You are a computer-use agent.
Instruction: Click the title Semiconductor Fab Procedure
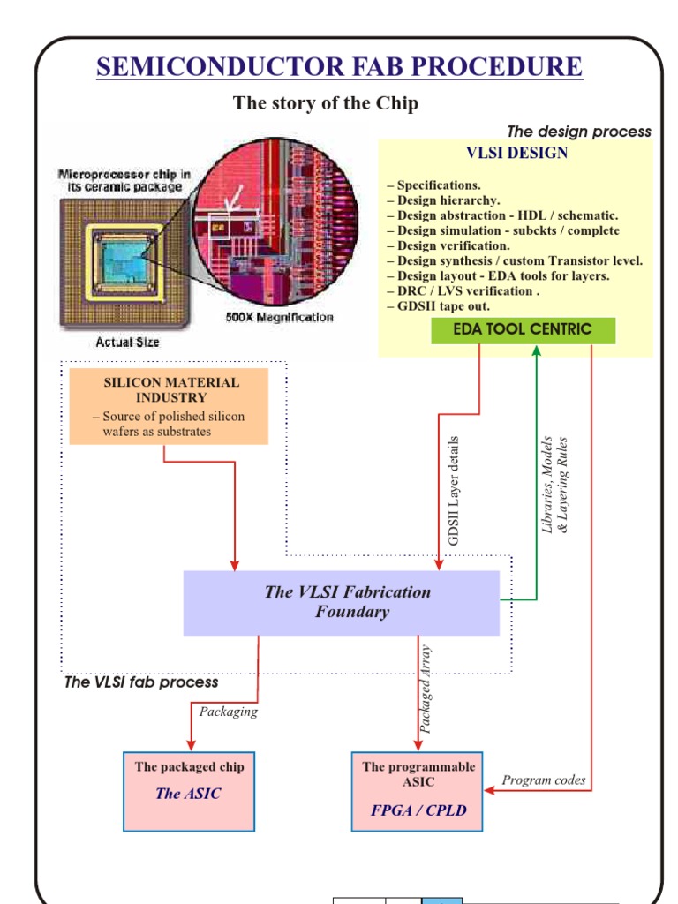[x=339, y=66]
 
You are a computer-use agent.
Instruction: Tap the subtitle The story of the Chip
[x=325, y=103]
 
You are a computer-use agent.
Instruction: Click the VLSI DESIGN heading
[x=516, y=153]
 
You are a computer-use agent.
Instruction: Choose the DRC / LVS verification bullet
[x=463, y=291]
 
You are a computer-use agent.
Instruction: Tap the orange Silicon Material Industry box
[x=169, y=406]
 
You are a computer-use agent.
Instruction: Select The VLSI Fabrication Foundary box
[x=342, y=602]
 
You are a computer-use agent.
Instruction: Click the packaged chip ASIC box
[x=189, y=791]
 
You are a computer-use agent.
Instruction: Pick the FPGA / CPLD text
[x=418, y=810]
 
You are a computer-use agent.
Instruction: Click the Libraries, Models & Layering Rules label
[x=554, y=485]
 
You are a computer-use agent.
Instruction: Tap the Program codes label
[x=543, y=780]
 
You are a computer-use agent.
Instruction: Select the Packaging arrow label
[x=229, y=712]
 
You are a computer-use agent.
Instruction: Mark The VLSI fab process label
[x=141, y=682]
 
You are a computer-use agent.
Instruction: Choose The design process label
[x=578, y=132]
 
